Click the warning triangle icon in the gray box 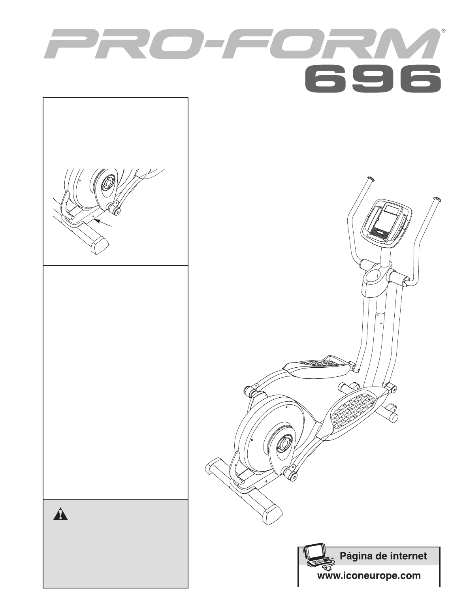(x=60, y=513)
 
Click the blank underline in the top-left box (x=139, y=123)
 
